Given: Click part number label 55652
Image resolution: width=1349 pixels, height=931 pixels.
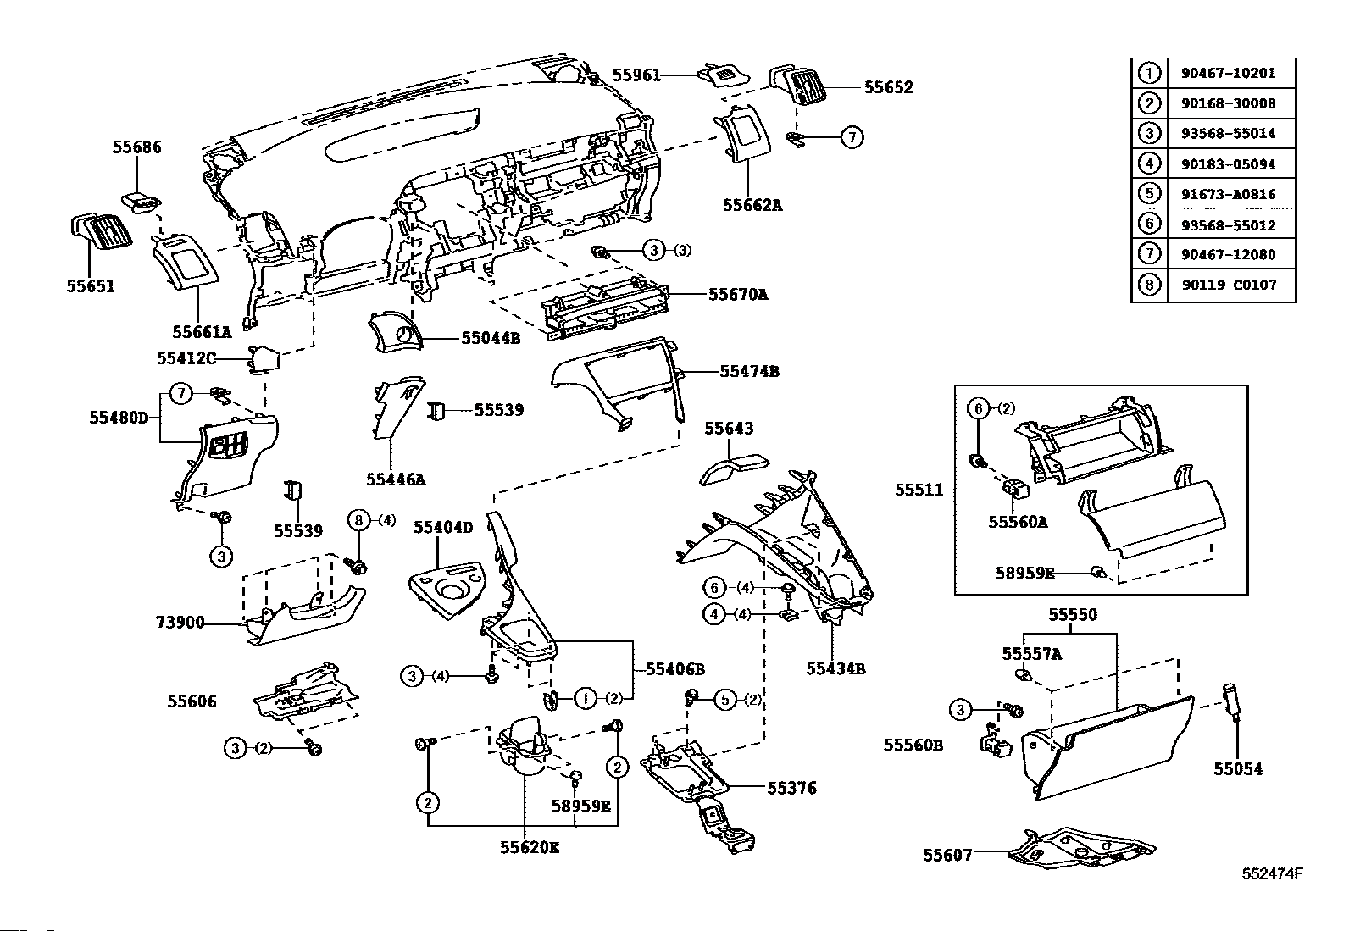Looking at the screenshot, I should (888, 87).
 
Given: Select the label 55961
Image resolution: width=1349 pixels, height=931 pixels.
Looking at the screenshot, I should (636, 75).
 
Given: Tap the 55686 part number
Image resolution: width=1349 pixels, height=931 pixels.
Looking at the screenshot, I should (136, 147).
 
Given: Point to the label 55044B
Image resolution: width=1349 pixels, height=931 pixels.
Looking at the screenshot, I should (491, 338).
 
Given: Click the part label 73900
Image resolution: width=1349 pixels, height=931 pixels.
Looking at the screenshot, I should (180, 623).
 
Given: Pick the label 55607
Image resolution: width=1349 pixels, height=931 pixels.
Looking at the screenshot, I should (948, 855).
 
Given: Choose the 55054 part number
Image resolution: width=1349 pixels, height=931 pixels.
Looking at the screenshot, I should (1237, 769).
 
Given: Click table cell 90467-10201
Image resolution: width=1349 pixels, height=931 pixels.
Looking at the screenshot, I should (1228, 73).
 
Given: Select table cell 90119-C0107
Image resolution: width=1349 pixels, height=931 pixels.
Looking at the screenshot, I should (1228, 285).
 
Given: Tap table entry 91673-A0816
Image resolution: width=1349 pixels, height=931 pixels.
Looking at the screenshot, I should (1228, 194).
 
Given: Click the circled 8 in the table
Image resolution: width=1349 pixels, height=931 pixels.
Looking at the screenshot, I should (1149, 285).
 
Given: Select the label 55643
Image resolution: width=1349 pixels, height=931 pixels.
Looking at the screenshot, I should (729, 429).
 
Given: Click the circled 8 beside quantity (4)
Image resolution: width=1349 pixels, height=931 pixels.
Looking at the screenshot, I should (358, 520).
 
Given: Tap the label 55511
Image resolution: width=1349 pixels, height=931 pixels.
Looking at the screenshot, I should (919, 490).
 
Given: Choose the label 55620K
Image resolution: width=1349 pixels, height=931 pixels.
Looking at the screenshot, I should (529, 847).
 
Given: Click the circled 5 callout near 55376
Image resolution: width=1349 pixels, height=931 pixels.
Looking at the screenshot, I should (725, 700).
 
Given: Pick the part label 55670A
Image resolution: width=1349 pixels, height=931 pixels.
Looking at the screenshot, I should (738, 295).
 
